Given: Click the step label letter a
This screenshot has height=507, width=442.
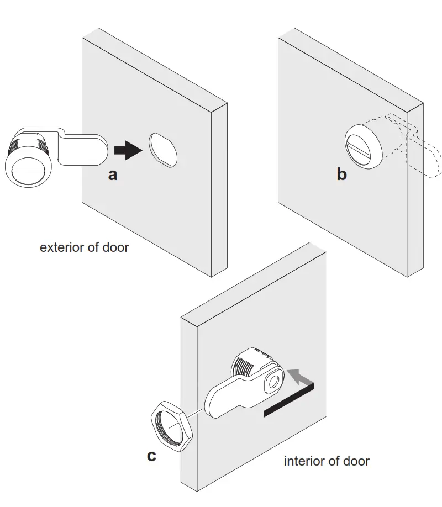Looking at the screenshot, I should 113,175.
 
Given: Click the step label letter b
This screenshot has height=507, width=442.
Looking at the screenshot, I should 342,175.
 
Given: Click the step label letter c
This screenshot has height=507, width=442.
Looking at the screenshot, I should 151,456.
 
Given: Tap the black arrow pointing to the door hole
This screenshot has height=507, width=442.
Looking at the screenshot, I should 128,150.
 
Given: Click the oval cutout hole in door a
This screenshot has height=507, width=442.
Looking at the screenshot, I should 163,149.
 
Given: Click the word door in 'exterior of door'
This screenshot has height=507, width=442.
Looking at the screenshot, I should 115,247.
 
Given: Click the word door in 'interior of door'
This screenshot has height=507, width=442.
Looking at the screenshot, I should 356,461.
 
